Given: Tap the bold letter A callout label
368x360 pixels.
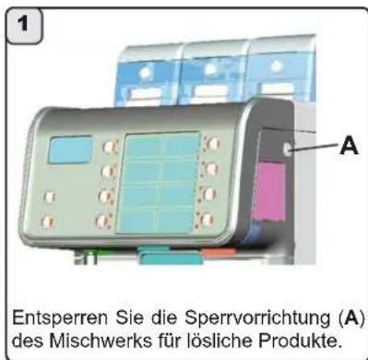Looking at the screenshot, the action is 350,145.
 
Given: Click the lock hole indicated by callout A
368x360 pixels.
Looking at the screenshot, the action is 290,150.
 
